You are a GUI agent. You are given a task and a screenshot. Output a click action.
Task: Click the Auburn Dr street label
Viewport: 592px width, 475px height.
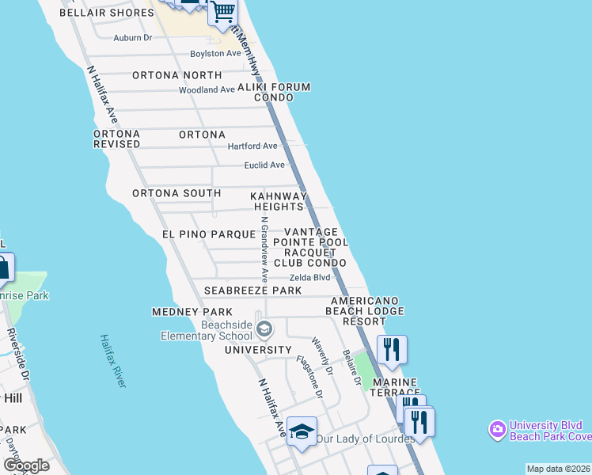tap(132, 37)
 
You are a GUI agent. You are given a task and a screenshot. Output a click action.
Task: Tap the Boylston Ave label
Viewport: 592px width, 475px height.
tap(215, 54)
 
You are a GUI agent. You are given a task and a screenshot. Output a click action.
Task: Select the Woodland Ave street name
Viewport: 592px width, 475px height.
tap(207, 90)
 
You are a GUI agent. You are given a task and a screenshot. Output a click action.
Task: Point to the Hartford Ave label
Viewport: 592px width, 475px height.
tap(252, 146)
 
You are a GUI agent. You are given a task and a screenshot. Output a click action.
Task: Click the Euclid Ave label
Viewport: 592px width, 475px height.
tap(264, 165)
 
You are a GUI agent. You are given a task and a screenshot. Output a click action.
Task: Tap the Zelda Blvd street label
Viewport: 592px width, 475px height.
tap(309, 278)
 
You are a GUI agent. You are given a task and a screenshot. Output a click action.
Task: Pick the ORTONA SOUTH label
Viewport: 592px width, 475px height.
tap(176, 193)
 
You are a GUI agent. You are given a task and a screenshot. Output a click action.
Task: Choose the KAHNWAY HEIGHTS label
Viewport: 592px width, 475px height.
tap(279, 201)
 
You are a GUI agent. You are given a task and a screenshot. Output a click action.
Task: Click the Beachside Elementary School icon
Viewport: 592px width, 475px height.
tap(264, 329)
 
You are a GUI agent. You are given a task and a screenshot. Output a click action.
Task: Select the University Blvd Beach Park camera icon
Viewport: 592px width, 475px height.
tap(497, 429)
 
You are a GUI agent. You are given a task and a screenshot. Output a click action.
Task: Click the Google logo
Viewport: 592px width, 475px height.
tap(26, 465)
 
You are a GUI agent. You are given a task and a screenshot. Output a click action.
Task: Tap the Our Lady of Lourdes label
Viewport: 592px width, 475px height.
tap(365, 439)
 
